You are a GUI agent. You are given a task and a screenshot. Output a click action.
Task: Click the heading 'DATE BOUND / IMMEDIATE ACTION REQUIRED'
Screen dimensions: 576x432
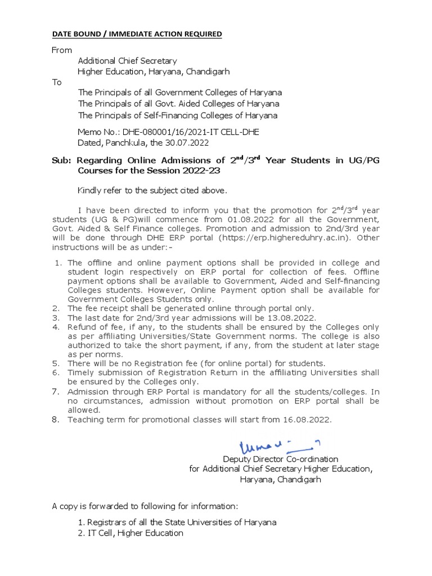pos(137,34)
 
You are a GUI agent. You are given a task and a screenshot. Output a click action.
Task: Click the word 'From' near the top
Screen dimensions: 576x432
pos(62,50)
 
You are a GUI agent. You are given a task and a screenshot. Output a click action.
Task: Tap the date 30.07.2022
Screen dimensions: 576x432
pos(187,143)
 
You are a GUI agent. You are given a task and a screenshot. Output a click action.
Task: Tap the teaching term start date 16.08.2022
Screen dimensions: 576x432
pos(306,420)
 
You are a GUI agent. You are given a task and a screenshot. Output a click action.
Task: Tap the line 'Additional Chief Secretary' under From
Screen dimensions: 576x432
pos(127,61)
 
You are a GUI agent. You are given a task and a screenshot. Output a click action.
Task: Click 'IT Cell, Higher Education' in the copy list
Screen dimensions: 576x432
pos(136,533)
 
